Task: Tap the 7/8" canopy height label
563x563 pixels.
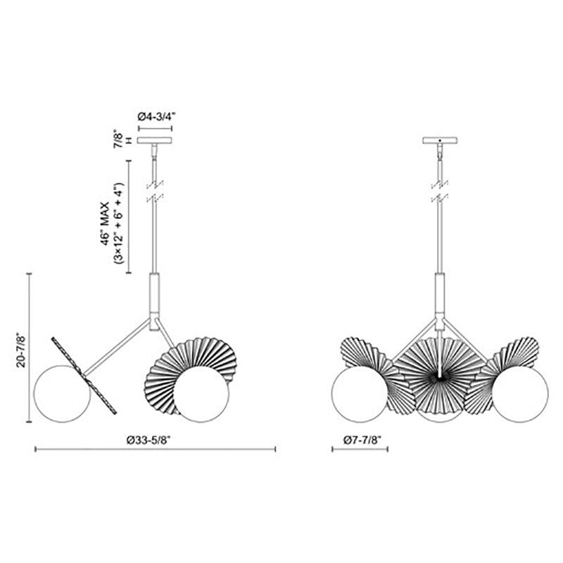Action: click(x=118, y=138)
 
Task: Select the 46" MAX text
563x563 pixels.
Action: click(x=104, y=223)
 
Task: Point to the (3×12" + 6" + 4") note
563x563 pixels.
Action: click(x=118, y=223)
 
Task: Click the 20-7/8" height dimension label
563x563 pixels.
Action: click(x=22, y=350)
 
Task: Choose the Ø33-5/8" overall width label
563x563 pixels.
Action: click(x=148, y=441)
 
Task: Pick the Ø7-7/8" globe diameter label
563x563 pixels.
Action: click(x=362, y=441)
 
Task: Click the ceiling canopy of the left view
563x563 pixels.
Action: click(x=155, y=140)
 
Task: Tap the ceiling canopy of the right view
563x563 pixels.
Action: click(x=440, y=140)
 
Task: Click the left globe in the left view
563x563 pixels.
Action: click(x=62, y=394)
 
